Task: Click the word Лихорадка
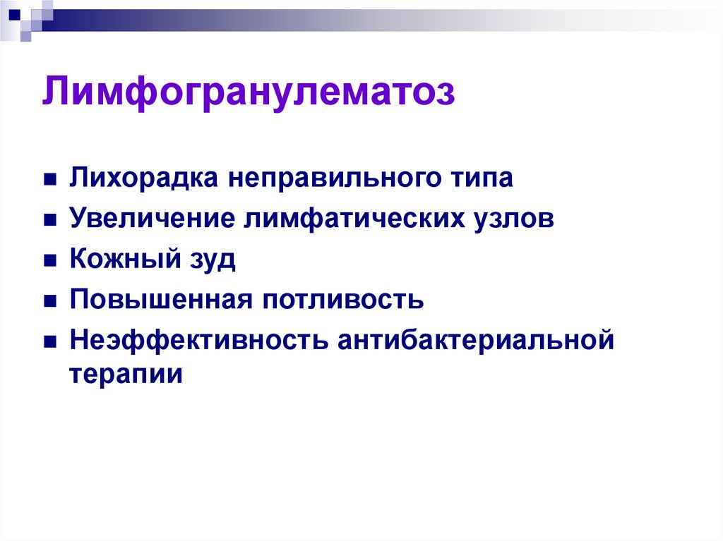pos(143,178)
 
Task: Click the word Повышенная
pos(161,299)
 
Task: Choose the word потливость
pos(343,299)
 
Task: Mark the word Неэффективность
pos(199,340)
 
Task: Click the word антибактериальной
pos(476,339)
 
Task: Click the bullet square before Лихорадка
pos(50,179)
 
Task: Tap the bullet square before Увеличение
pos(50,220)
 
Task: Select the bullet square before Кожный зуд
pos(50,260)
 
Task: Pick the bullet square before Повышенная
pos(50,301)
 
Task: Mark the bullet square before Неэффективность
pos(50,341)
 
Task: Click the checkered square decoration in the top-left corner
pos(26,20)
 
